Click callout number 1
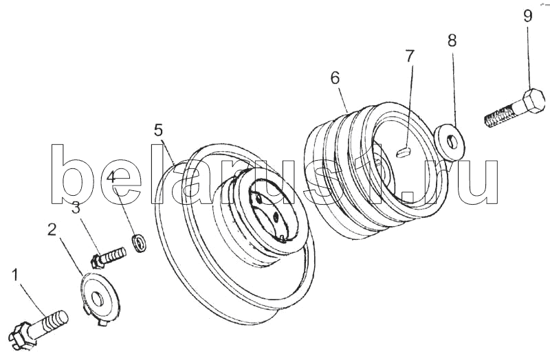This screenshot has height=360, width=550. [x=14, y=275]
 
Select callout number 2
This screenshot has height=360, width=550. [x=52, y=230]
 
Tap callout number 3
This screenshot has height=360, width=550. [x=76, y=208]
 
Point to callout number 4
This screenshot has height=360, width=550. [x=111, y=177]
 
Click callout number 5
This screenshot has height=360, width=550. [x=158, y=131]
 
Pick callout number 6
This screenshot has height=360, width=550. [x=335, y=78]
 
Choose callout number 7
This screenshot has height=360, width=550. [x=410, y=56]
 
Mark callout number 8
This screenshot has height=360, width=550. [x=452, y=41]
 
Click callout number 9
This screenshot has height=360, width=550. [x=528, y=16]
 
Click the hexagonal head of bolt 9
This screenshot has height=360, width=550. [x=534, y=100]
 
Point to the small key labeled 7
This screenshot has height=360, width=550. [x=404, y=151]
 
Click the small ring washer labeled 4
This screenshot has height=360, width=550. [x=139, y=243]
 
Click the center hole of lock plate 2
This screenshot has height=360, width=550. [x=96, y=300]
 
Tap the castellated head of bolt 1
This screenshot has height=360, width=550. [x=22, y=336]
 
